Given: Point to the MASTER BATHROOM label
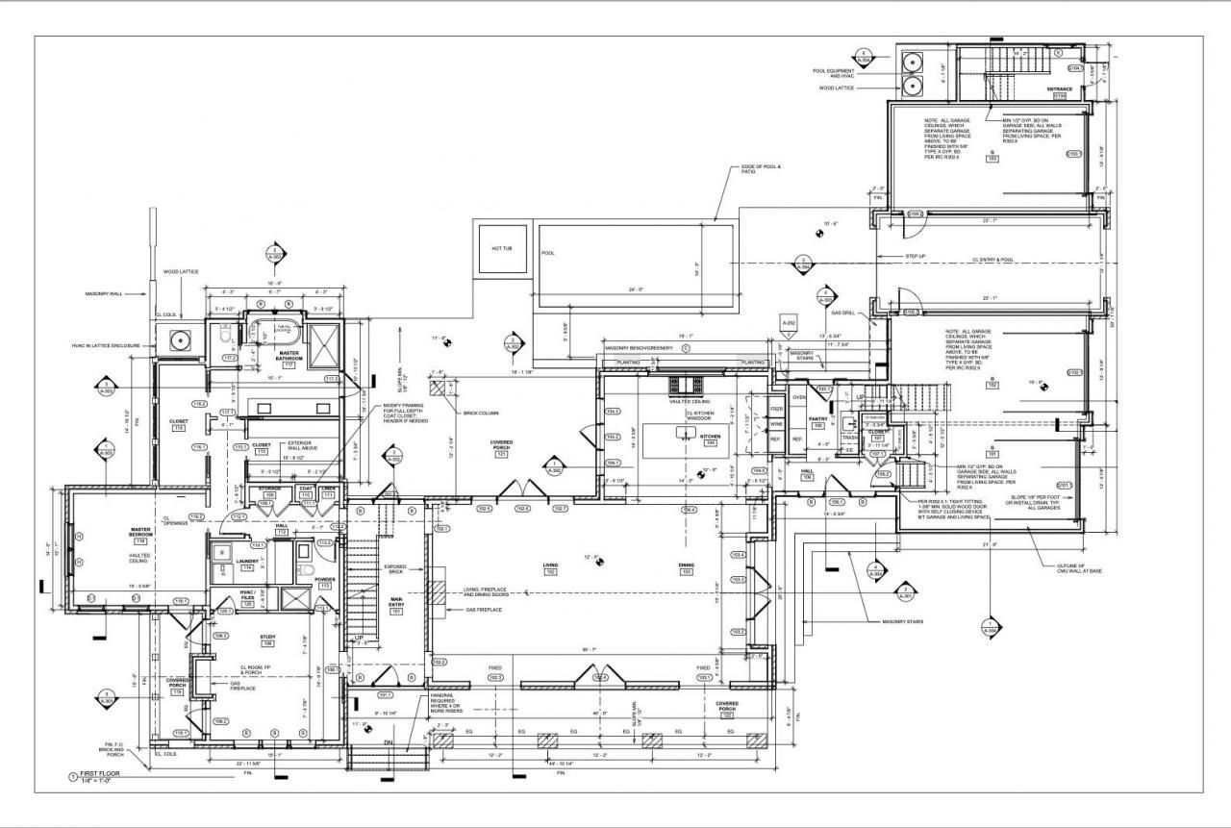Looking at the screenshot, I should tap(289, 356).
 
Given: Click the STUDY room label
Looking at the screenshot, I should tap(267, 637).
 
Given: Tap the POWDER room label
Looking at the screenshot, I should tap(324, 579).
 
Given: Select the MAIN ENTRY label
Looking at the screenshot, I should tap(395, 603).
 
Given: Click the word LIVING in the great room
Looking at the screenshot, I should tap(550, 565).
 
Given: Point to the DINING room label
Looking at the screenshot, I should tap(687, 565).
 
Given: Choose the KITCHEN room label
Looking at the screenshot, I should tap(710, 437).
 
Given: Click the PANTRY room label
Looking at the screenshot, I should tap(818, 419).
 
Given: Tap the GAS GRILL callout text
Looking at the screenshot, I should tap(842, 314).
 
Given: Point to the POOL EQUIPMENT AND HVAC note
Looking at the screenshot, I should tap(834, 73).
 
